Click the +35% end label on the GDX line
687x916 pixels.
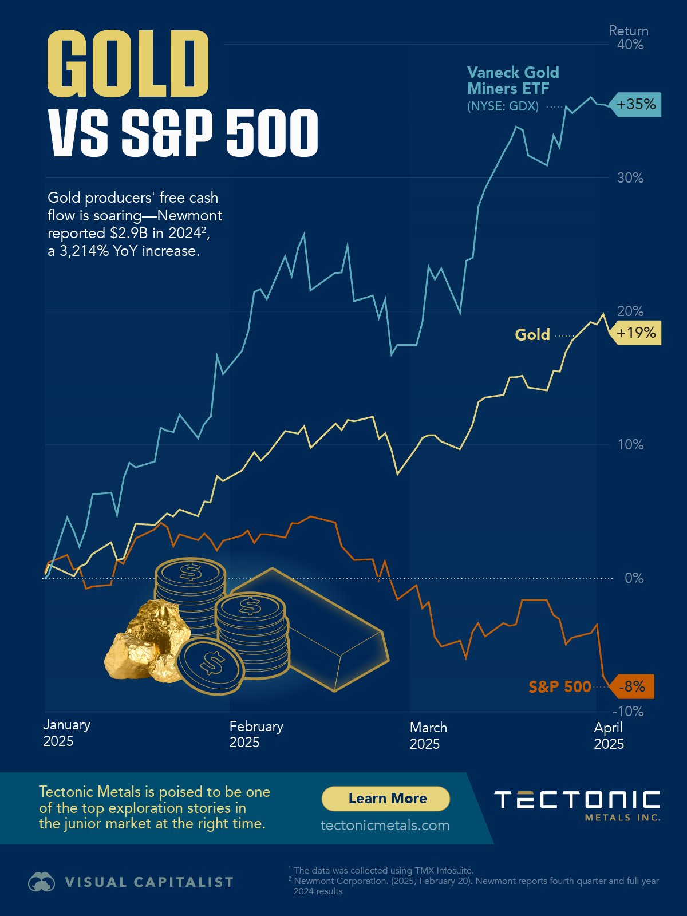tap(636, 105)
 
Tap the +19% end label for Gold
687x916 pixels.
tap(636, 333)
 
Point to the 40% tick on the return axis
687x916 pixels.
tap(630, 45)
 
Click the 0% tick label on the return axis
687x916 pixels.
tap(634, 578)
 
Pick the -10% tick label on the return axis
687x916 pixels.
tap(628, 712)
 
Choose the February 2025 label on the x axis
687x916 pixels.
tap(256, 734)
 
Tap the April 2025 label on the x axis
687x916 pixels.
tap(609, 735)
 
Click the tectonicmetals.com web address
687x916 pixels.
tap(385, 825)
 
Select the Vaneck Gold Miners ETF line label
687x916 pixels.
tap(512, 81)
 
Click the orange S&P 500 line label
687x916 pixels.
tap(559, 686)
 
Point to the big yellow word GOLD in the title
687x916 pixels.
tap(128, 64)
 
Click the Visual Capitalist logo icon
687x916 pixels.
tap(41, 882)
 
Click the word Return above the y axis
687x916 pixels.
tap(629, 31)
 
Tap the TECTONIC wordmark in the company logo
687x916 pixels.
tap(577, 800)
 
